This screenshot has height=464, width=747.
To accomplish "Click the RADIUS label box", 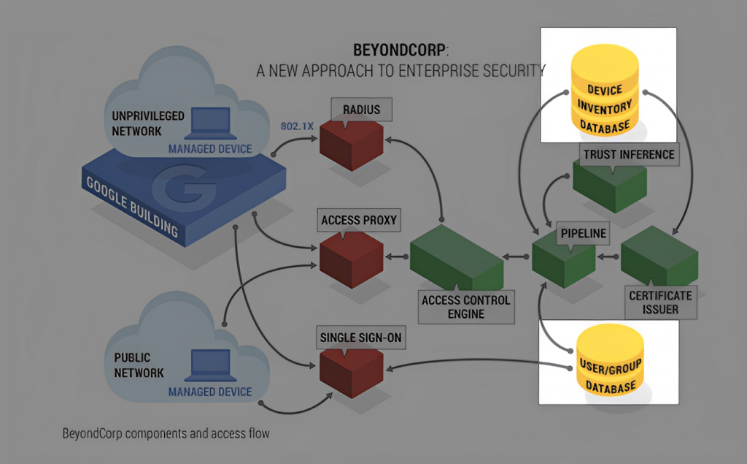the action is coord(362,110).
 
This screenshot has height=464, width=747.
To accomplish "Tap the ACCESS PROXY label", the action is coord(359,220).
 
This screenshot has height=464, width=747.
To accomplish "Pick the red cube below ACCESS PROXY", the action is coord(352,259).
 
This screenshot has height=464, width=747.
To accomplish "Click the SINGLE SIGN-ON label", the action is coord(360,338).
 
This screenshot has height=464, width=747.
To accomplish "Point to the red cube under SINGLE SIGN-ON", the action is coord(352,373).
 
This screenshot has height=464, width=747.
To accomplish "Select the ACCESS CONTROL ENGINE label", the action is coord(466,307).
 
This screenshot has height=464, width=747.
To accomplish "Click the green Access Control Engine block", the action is coord(457,257).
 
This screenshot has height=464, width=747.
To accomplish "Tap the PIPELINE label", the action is coord(583,233).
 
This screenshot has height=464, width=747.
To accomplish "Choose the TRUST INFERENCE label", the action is coord(629,155).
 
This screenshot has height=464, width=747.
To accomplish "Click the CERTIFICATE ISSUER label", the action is coord(660,303).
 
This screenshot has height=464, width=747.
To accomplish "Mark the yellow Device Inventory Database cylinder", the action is coord(605,90).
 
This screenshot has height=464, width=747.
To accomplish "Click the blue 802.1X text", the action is coord(297,126).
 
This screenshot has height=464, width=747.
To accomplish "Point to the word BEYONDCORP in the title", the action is coord(399,50).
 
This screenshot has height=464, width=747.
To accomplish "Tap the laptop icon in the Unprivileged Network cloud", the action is coord(211,123).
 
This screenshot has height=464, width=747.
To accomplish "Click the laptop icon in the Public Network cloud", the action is coord(211,365).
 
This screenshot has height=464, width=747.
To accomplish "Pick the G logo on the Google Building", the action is coord(184,188).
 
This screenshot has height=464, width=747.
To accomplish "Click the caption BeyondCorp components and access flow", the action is coord(166,433).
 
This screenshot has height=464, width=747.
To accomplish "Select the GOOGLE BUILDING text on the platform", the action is coord(131,207).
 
